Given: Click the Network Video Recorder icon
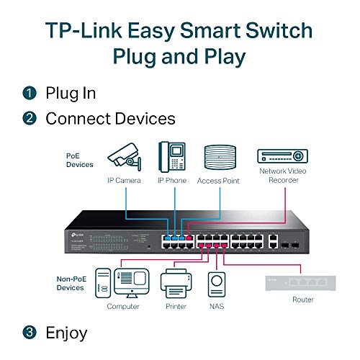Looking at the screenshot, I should click(x=282, y=155).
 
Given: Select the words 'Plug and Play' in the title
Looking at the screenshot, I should click(x=179, y=56).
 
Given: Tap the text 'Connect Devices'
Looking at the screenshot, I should click(x=110, y=117).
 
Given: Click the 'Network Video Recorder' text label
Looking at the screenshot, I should click(x=282, y=176).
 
